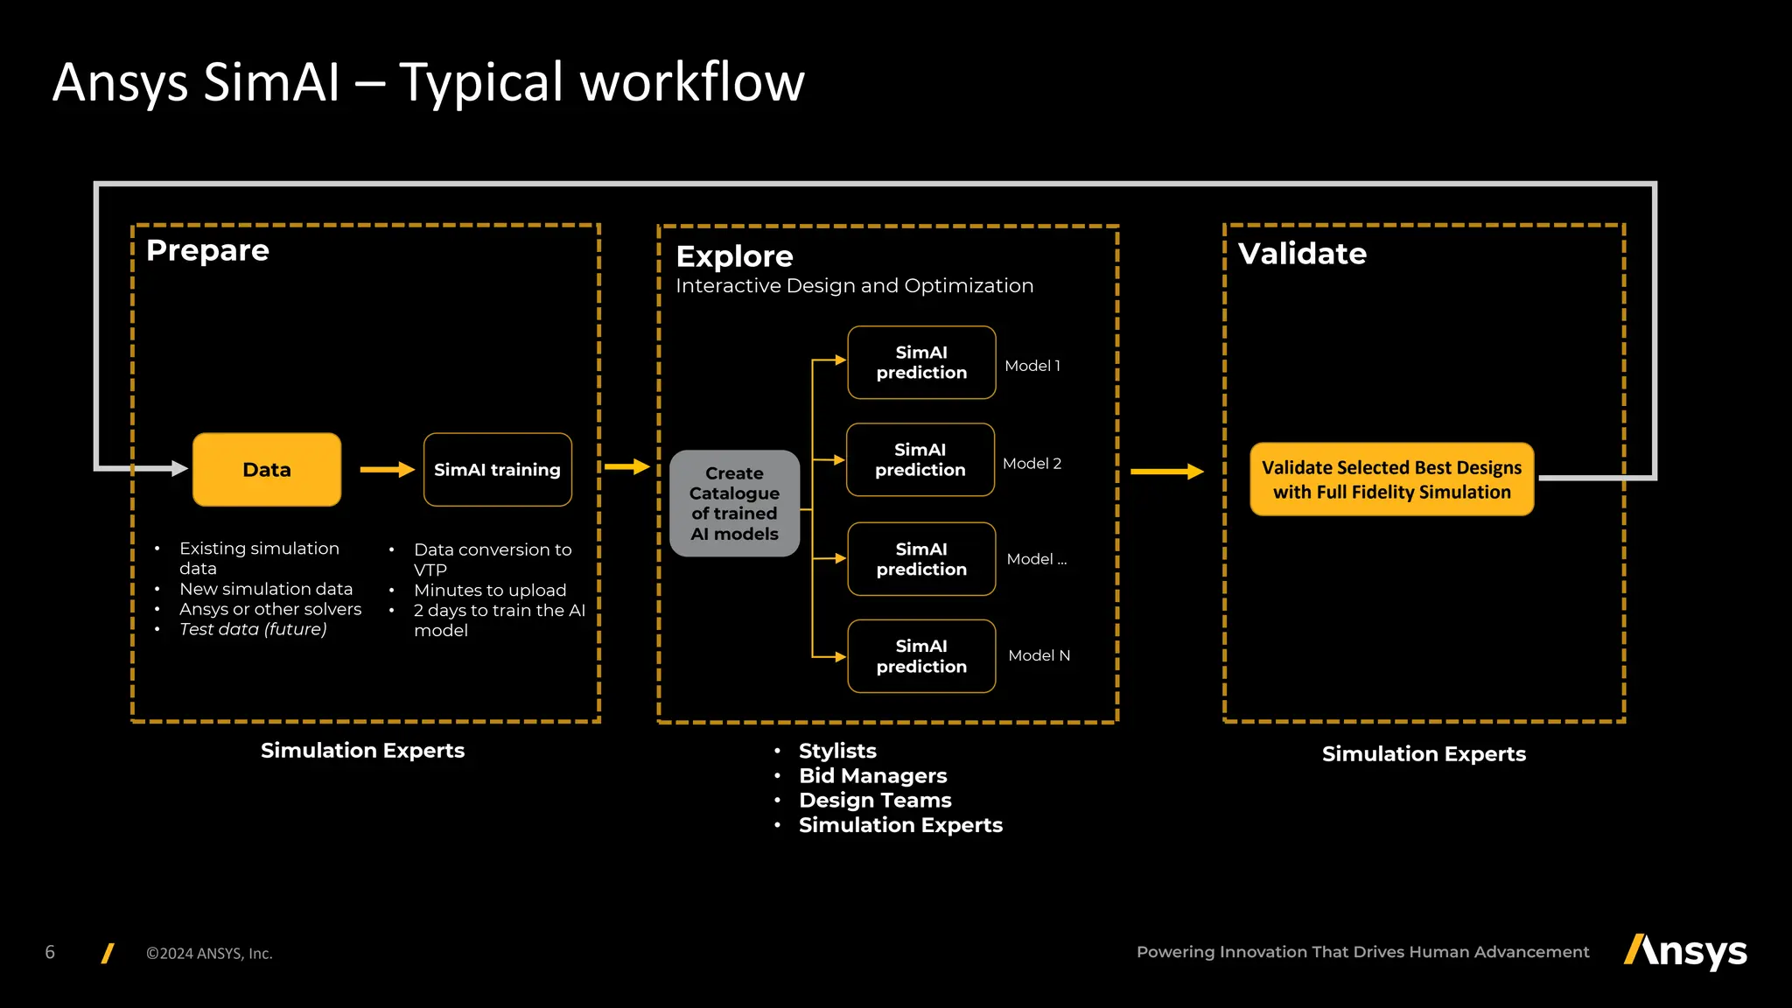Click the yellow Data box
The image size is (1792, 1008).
click(267, 470)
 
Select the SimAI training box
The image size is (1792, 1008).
click(497, 470)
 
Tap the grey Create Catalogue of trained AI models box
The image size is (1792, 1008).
click(734, 503)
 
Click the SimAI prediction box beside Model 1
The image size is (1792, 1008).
click(921, 362)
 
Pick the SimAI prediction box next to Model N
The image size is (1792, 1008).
click(921, 656)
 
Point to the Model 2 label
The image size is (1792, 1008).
click(1032, 464)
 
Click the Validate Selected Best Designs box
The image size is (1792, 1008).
click(1391, 479)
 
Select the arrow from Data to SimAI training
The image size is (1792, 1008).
click(387, 470)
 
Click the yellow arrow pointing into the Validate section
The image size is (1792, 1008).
click(1166, 472)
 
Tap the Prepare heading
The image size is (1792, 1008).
click(207, 250)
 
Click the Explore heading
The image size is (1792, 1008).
click(734, 256)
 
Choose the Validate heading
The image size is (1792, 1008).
click(1302, 254)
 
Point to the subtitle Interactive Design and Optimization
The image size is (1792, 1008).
click(854, 286)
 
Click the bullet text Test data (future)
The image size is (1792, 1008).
click(253, 629)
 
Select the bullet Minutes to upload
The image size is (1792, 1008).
click(490, 591)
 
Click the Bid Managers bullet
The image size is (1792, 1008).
click(872, 776)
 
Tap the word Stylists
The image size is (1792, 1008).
click(837, 751)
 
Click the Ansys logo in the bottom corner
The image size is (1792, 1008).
click(1685, 951)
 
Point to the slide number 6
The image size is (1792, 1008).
click(50, 952)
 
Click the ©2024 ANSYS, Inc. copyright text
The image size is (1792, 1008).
click(209, 954)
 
